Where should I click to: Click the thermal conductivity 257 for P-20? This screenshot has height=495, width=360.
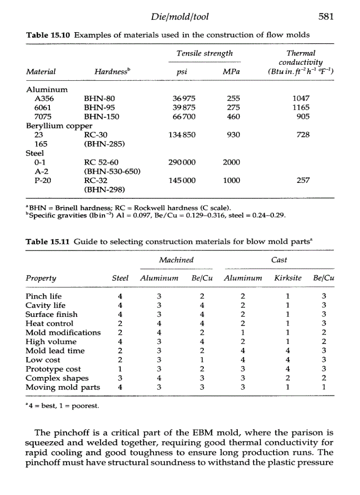[303, 181]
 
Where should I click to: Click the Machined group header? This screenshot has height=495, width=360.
[176, 260]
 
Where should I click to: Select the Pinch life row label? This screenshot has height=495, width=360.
[44, 296]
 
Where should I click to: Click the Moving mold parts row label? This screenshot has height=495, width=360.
[63, 387]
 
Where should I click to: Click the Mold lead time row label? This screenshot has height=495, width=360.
[55, 351]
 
